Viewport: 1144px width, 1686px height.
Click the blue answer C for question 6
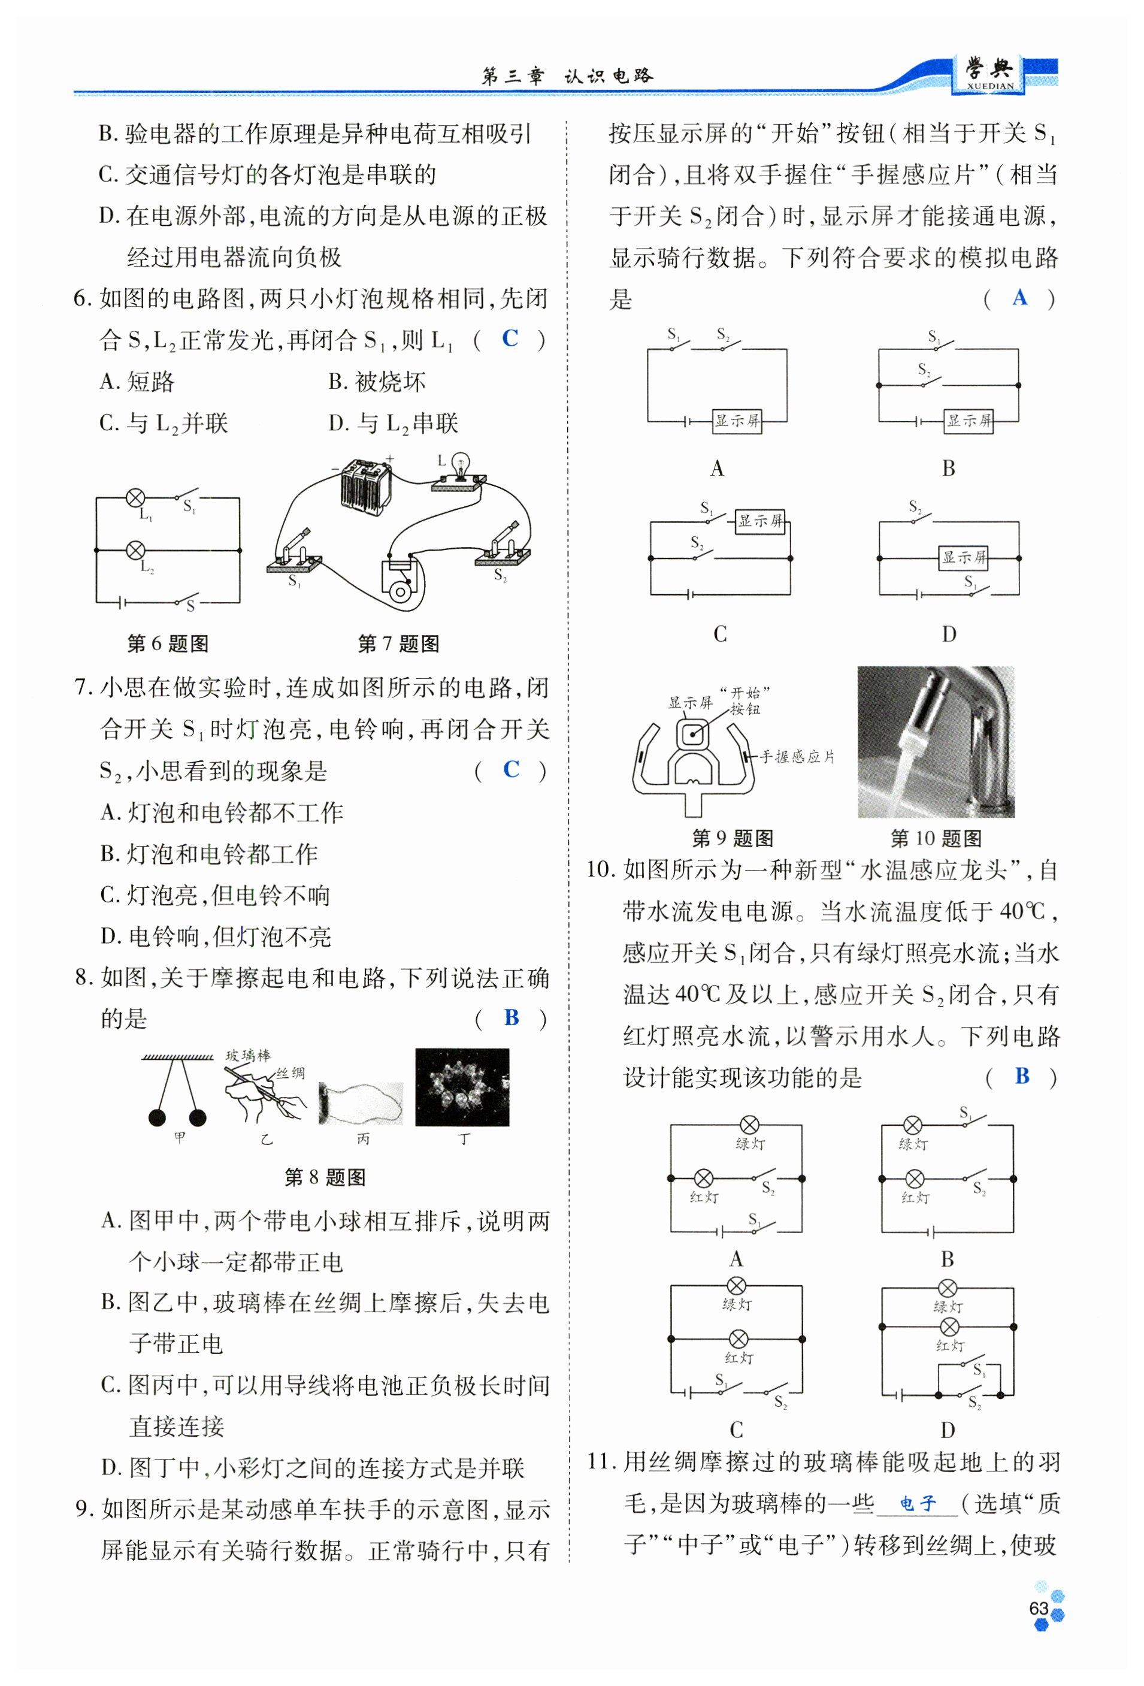(510, 338)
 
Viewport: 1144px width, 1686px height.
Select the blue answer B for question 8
(512, 1017)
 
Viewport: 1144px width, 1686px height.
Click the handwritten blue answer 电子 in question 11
(918, 1503)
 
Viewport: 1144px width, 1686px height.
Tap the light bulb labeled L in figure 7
(459, 465)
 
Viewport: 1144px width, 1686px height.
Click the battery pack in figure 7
(367, 485)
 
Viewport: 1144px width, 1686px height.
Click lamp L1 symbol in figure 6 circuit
(135, 498)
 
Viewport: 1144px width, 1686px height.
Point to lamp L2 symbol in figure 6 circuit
(135, 550)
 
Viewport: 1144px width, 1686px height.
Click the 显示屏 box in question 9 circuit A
(737, 420)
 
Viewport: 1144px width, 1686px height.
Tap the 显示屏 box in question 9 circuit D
(963, 557)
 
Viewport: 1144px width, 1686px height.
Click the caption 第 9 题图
(732, 838)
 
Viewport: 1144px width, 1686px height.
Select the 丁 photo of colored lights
(462, 1087)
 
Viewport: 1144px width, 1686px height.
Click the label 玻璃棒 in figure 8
(248, 1055)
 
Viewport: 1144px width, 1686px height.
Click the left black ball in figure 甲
(157, 1118)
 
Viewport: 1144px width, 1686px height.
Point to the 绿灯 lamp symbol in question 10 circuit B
(913, 1125)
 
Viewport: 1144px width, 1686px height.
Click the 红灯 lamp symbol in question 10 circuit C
(738, 1338)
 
